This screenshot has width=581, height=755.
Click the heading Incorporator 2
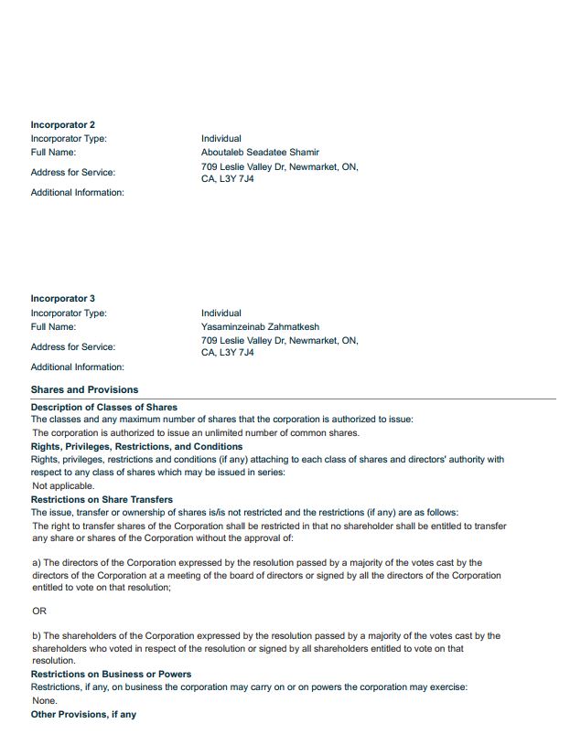pyautogui.click(x=62, y=124)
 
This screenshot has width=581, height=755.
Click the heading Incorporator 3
pyautogui.click(x=62, y=299)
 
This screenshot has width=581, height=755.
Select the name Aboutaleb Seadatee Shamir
pyautogui.click(x=260, y=153)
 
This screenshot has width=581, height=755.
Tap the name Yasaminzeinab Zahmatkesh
pyautogui.click(x=260, y=326)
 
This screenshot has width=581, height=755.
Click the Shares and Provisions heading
pyautogui.click(x=84, y=389)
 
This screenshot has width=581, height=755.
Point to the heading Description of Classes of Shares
pyautogui.click(x=103, y=407)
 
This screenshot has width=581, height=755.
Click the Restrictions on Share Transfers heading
pyautogui.click(x=102, y=500)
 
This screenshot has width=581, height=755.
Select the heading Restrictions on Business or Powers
pyautogui.click(x=111, y=674)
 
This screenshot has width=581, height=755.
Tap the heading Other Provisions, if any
pyautogui.click(x=83, y=714)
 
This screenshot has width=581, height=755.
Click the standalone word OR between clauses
pyautogui.click(x=38, y=611)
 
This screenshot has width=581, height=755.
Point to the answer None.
pyautogui.click(x=44, y=701)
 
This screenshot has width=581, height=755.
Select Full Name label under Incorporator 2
pyautogui.click(x=53, y=153)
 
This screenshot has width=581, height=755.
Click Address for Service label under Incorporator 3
pyautogui.click(x=73, y=346)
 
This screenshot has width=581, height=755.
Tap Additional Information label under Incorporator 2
pyautogui.click(x=77, y=192)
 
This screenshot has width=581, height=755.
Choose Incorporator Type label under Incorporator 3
pyautogui.click(x=69, y=313)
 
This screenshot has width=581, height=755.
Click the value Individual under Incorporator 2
pyautogui.click(x=221, y=139)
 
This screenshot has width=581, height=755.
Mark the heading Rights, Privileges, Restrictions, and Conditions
pyautogui.click(x=136, y=446)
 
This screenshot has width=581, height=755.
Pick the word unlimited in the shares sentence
pyautogui.click(x=199, y=433)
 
